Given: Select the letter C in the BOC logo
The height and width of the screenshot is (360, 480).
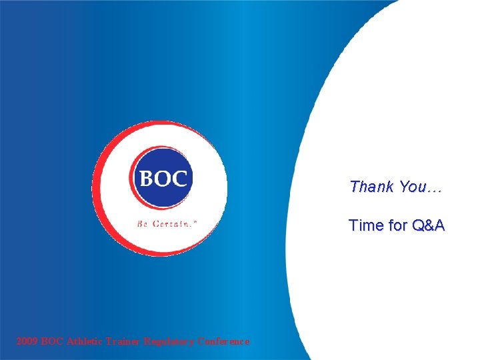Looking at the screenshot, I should point(180,179).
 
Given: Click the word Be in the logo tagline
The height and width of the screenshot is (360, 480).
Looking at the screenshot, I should point(143,224).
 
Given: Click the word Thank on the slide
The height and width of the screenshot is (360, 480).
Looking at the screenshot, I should point(372,187).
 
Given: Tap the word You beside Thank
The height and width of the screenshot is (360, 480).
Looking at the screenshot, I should point(413,187).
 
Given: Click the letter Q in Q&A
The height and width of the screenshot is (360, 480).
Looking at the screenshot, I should point(418,226).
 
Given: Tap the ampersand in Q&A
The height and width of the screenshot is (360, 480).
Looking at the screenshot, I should point(428,226).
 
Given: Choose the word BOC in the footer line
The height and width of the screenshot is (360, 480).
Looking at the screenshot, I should point(53,341).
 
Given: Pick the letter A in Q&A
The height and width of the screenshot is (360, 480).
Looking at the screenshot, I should point(439,226).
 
